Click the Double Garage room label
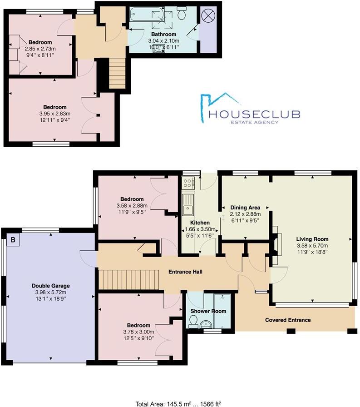51,286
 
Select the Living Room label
312,239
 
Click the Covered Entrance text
288,320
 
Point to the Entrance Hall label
185,272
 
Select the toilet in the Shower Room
192,321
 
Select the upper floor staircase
117,73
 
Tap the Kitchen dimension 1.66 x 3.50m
200,229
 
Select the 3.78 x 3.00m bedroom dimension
138,332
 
